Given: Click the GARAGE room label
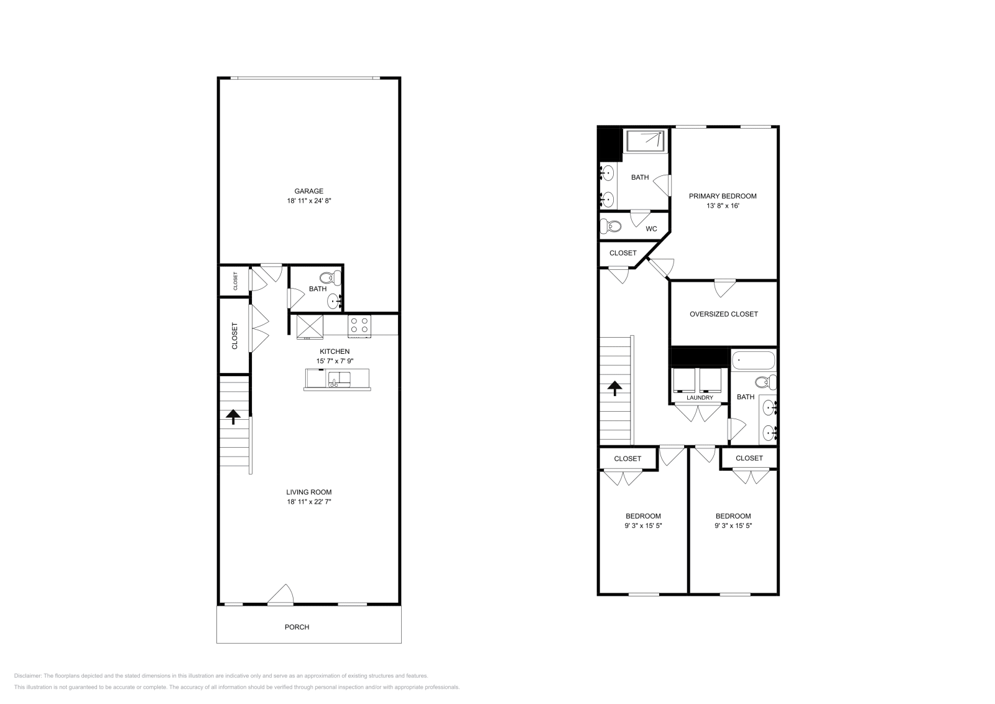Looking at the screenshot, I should point(308,191).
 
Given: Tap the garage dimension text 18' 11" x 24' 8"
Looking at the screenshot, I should point(308,201).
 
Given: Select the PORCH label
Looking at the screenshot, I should point(297,627).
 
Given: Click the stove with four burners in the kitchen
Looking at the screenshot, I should point(359,326).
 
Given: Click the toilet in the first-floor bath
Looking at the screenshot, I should point(327,278).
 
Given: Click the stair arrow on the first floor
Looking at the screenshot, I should point(233,416).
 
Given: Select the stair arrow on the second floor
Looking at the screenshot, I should point(614,389).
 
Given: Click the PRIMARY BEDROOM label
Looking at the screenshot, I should point(723,196).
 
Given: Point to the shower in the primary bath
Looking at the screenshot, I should point(646,141).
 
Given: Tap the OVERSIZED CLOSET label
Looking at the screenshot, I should point(723,314).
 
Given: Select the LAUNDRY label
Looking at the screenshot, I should point(700,397).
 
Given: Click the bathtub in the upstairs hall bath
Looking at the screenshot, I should point(754,360).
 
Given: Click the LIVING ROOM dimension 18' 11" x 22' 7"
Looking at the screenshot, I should point(308,502).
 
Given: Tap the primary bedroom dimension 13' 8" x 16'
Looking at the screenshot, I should point(723,206).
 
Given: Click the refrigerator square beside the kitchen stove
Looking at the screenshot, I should point(310,326).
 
